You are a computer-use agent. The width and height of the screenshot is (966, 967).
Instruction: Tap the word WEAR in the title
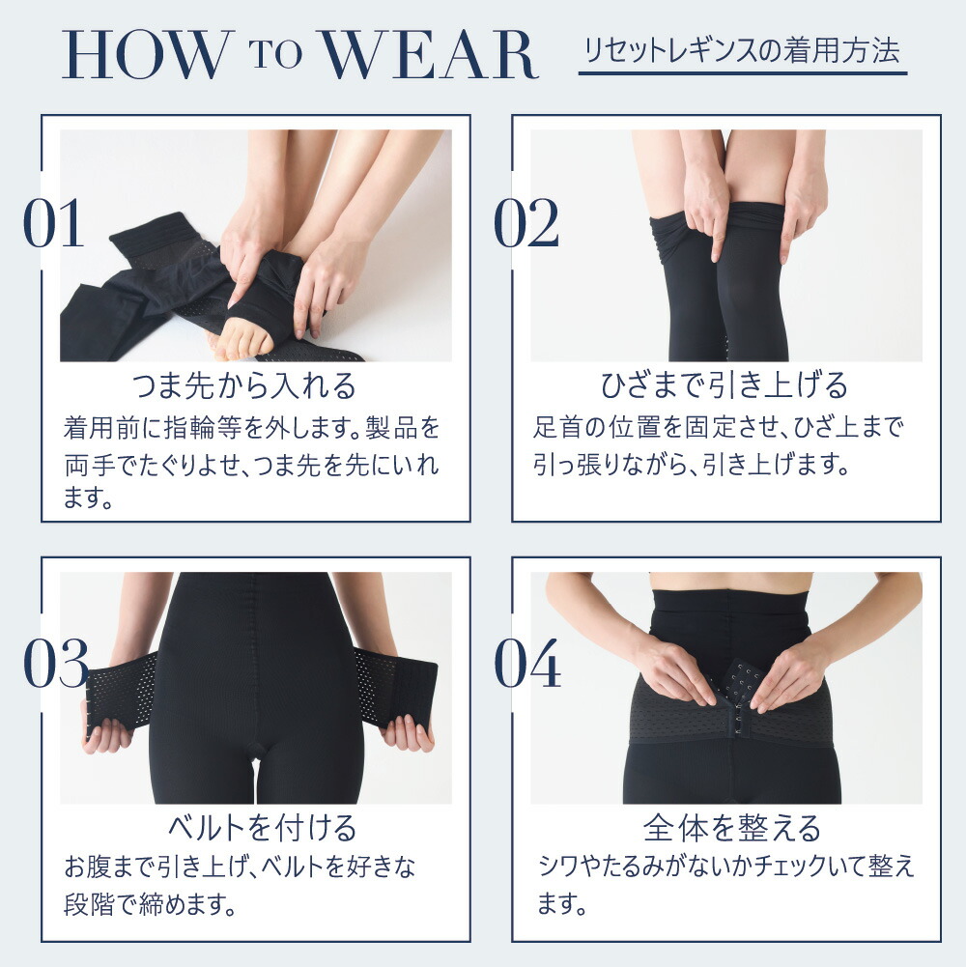(430, 57)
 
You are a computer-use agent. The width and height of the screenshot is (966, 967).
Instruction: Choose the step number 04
(527, 666)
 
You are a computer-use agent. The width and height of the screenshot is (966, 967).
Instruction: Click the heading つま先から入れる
(243, 386)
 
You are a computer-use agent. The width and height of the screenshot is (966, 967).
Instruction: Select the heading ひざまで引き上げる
(724, 386)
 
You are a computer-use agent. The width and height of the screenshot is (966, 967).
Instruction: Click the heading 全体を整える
(731, 828)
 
